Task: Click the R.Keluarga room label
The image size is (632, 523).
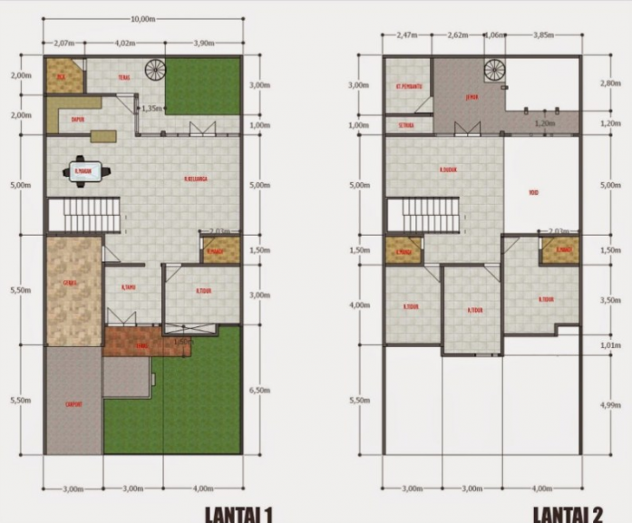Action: click(196, 179)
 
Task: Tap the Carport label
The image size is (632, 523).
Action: click(73, 404)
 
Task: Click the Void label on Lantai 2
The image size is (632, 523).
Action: click(534, 192)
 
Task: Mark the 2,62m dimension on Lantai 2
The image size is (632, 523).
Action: click(457, 35)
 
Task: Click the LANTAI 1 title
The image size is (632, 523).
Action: click(240, 514)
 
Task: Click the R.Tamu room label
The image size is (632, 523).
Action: click(128, 288)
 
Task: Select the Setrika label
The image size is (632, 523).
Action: click(406, 125)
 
